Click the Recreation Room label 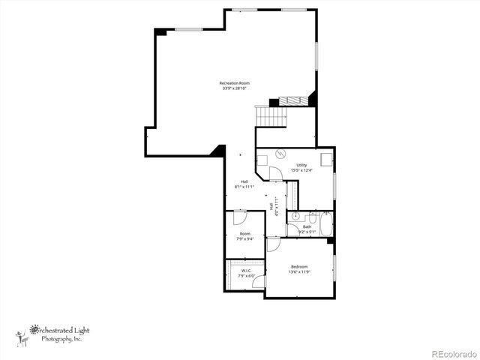234,82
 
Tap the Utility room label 301,165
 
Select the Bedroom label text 299,266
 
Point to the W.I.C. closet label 246,271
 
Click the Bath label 307,226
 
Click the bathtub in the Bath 325,224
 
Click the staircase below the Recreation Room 271,116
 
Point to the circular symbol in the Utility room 280,154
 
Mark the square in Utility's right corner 326,159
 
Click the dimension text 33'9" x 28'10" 234,88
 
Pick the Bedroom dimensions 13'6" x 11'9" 299,271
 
